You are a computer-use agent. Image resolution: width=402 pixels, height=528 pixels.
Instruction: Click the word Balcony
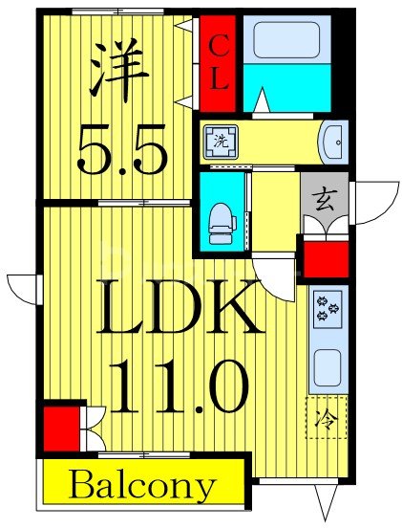tap(141, 486)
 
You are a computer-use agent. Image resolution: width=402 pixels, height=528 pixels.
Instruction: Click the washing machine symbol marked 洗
tap(217, 143)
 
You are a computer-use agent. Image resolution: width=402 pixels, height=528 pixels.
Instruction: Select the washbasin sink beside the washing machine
tap(331, 142)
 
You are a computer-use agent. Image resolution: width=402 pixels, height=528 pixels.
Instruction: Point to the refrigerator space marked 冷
tap(326, 418)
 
